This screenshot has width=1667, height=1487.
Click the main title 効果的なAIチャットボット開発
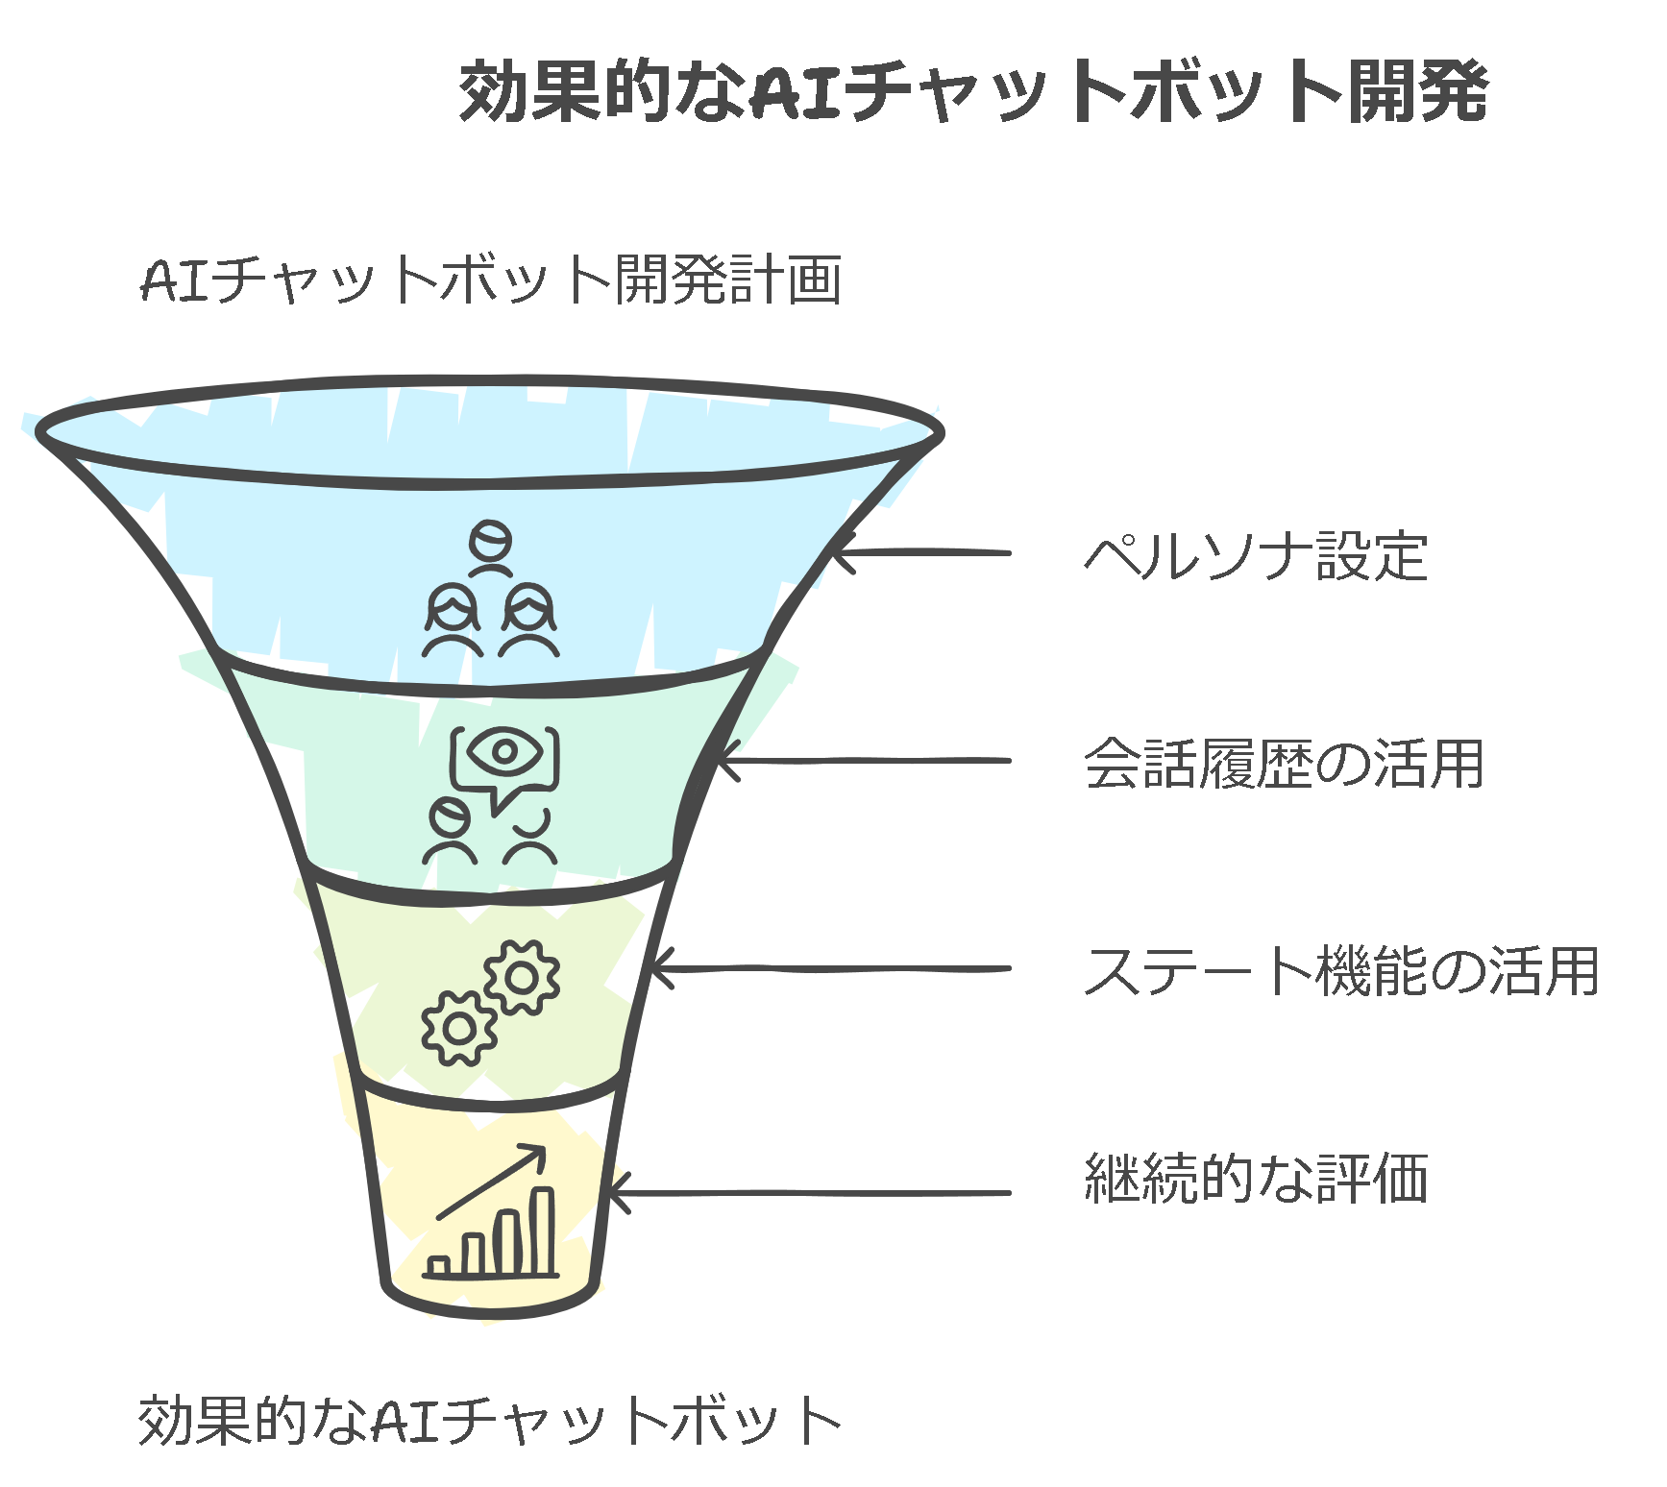[x=973, y=91]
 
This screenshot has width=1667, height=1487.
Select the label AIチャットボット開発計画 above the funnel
[x=491, y=280]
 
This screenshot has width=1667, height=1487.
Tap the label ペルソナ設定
[x=1256, y=556]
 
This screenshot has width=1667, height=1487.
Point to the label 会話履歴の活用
[x=1284, y=764]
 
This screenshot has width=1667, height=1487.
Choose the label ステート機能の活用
[x=1341, y=971]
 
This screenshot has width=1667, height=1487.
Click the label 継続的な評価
[x=1256, y=1179]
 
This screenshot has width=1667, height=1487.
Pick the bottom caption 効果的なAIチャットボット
[x=490, y=1421]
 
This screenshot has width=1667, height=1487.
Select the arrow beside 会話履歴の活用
[x=865, y=761]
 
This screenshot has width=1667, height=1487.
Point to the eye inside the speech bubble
[x=504, y=751]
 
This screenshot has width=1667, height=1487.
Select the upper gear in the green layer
[x=522, y=978]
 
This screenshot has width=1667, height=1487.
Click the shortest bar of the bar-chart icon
[x=439, y=1265]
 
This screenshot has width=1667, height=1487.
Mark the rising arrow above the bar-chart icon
[x=493, y=1182]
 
